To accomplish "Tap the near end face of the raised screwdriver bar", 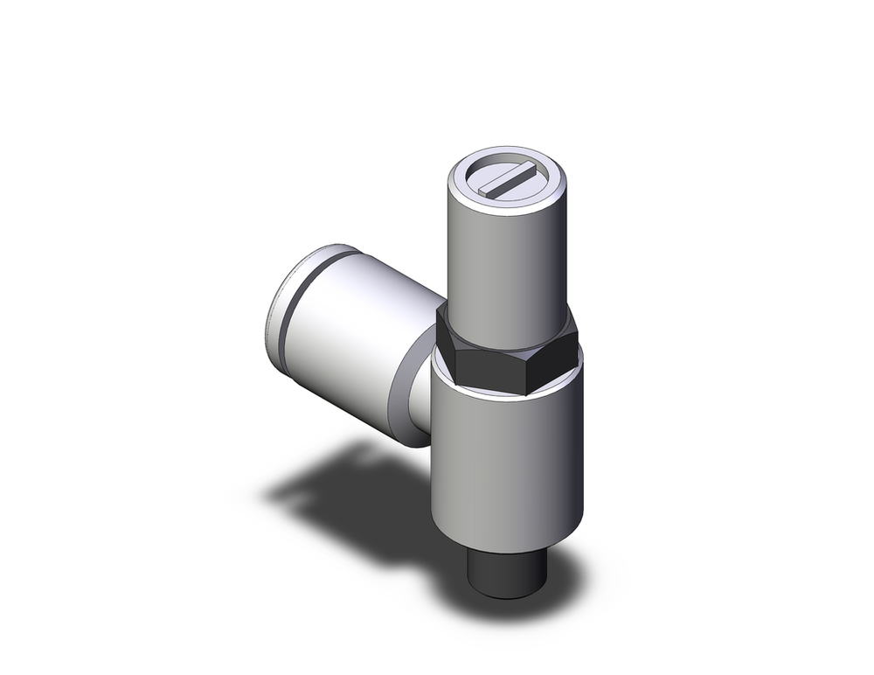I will point(489,190).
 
